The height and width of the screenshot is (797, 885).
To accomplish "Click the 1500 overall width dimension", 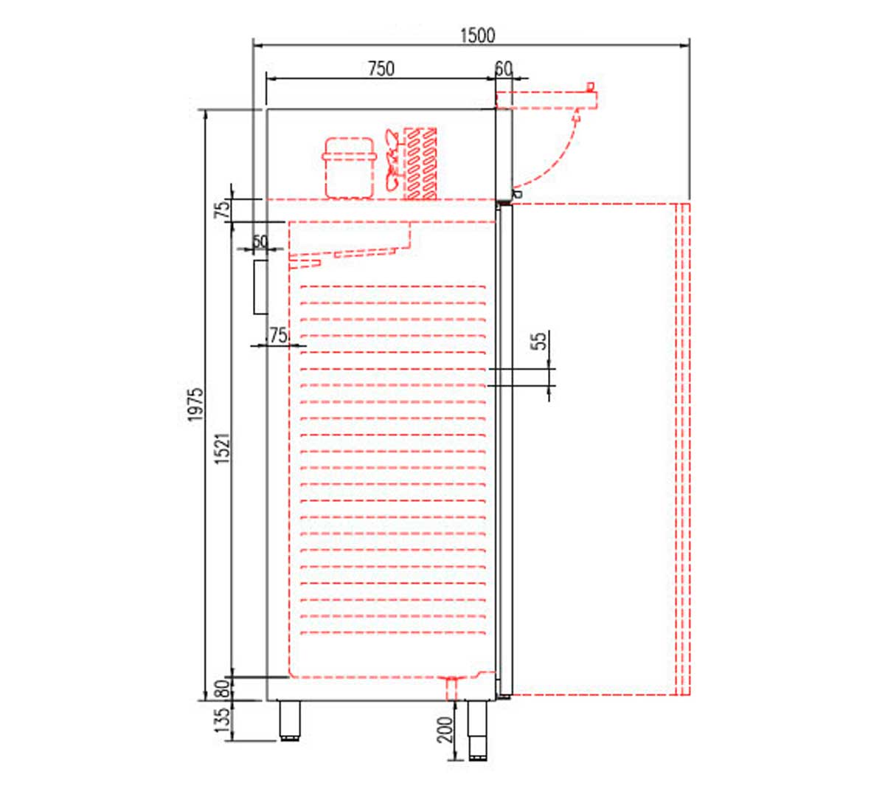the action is point(477,35).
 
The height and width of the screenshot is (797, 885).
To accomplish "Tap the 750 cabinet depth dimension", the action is point(381,69).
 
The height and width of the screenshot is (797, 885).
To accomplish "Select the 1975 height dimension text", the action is point(196,404).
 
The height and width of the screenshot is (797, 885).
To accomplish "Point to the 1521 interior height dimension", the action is point(222,448).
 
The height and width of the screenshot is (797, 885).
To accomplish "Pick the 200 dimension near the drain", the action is point(445,730).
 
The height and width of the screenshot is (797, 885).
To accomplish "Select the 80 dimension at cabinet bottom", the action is point(222,689).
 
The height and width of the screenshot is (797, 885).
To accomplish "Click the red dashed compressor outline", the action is point(349,168).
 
